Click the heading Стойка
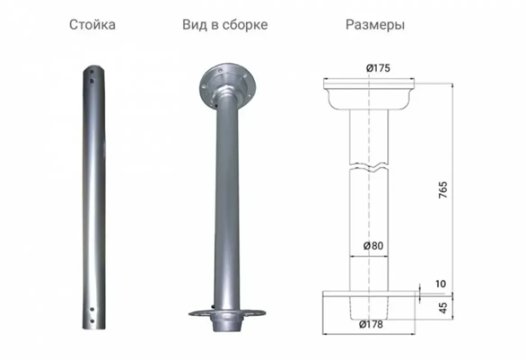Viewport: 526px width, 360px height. [x=92, y=25]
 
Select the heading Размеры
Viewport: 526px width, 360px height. [x=375, y=25]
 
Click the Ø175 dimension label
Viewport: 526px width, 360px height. [x=377, y=68]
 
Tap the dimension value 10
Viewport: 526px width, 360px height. [x=440, y=284]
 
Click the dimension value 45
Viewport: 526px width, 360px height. [x=443, y=308]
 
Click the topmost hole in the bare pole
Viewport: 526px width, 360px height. [x=92, y=71]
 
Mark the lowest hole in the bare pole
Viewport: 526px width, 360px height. [x=92, y=320]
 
